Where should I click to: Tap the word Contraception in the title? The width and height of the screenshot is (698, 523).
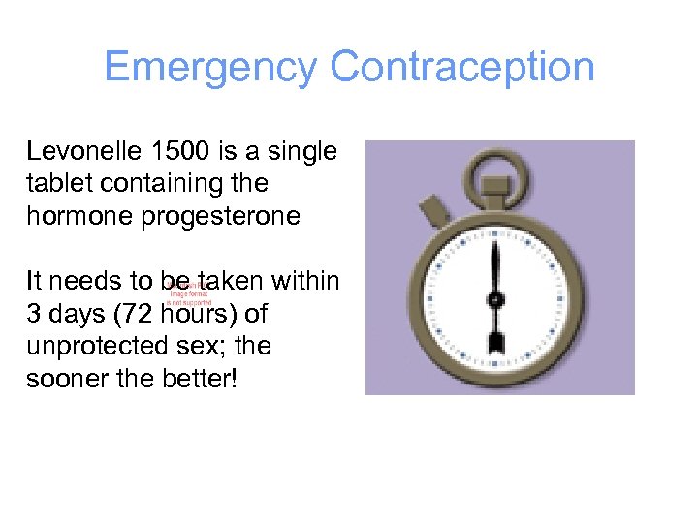coord(461,68)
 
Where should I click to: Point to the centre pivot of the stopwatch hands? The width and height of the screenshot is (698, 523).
coord(495,299)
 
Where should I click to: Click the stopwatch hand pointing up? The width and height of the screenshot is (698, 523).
coord(495,266)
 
